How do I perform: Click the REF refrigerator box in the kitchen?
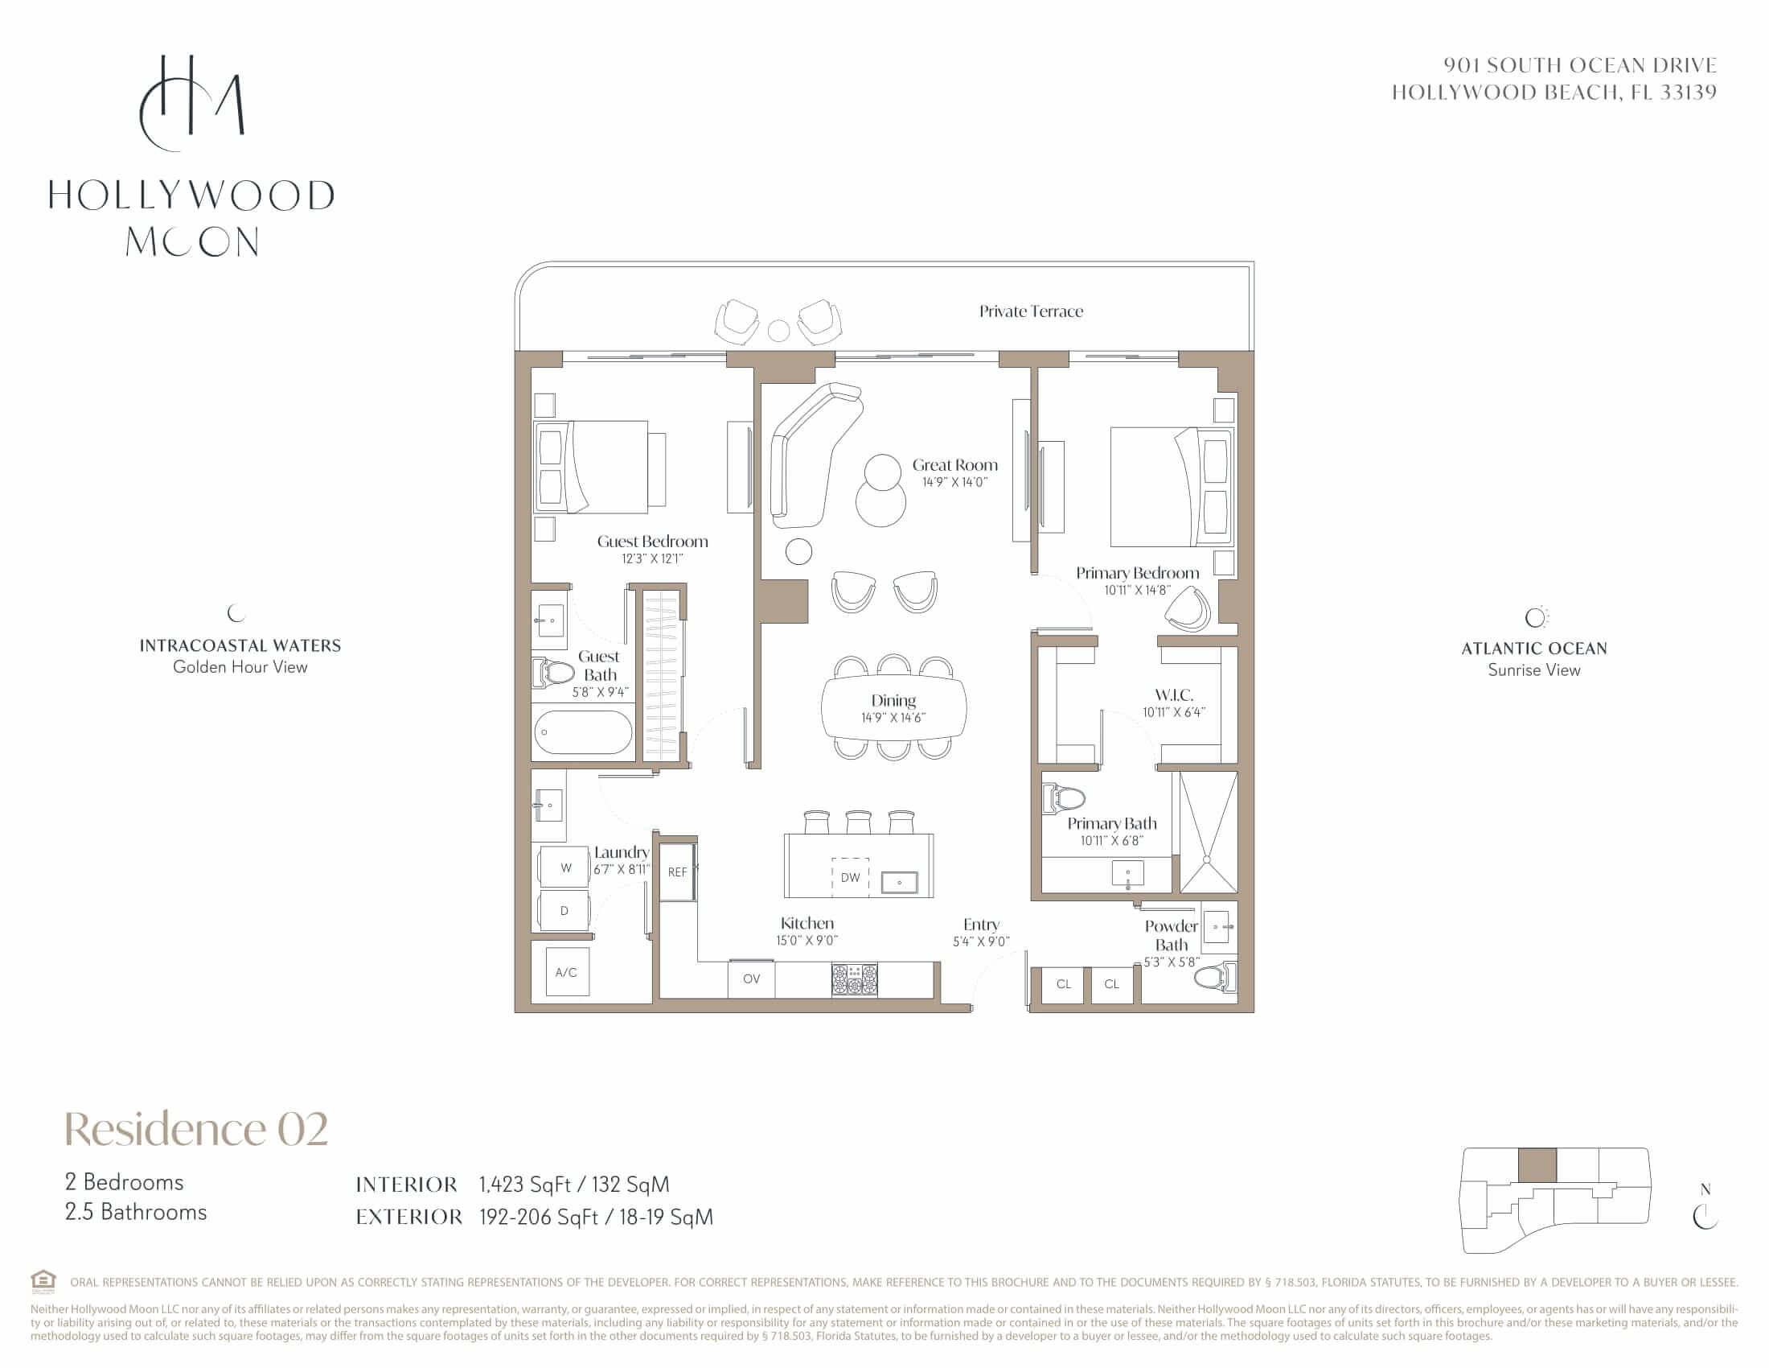[677, 871]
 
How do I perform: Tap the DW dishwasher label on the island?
[850, 877]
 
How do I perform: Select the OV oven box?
[751, 979]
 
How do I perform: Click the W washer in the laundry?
[565, 868]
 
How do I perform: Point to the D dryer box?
[564, 911]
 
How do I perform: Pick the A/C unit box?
[567, 973]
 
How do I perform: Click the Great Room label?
[955, 465]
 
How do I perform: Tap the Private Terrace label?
[1030, 311]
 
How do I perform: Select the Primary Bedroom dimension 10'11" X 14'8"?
[1137, 591]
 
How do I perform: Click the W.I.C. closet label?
[1174, 694]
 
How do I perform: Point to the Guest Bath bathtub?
[582, 732]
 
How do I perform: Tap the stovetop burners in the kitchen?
[855, 980]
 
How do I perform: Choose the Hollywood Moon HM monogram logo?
[191, 103]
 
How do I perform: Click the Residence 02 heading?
[197, 1128]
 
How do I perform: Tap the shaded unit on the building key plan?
[1537, 1164]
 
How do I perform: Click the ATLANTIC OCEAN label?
[1534, 649]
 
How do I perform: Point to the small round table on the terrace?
[778, 331]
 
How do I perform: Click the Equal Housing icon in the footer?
[43, 1280]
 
